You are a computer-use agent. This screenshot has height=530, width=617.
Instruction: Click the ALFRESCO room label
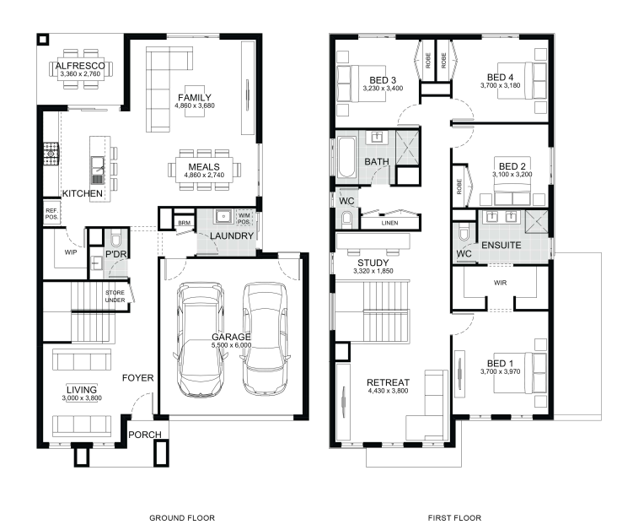click(80, 66)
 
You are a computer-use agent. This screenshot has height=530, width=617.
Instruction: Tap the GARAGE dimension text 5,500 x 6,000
click(231, 345)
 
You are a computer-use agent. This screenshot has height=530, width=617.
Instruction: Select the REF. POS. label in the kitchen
click(51, 214)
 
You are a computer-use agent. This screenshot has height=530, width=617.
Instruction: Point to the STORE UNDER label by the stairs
click(115, 296)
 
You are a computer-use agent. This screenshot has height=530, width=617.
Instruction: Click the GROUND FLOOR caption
click(182, 518)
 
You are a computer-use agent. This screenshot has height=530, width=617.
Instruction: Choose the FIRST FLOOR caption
click(454, 518)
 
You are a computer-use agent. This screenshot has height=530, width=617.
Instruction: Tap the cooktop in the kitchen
click(51, 154)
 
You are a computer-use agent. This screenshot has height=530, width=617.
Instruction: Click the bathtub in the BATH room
click(346, 157)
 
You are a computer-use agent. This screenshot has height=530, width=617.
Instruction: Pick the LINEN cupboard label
click(389, 223)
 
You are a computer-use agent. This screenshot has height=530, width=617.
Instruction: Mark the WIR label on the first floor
click(500, 283)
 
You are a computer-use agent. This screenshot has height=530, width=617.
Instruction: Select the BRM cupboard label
click(184, 223)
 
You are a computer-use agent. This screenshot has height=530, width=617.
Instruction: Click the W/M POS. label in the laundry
click(244, 219)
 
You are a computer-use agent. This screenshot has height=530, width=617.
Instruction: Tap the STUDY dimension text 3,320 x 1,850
click(373, 271)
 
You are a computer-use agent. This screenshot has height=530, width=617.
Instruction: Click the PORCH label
click(145, 435)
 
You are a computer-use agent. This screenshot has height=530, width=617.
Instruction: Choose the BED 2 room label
click(512, 166)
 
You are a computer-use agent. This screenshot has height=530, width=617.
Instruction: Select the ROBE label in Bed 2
click(459, 187)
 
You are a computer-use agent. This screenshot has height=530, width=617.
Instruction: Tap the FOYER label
click(137, 378)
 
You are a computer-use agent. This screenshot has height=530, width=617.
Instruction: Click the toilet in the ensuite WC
click(464, 232)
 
